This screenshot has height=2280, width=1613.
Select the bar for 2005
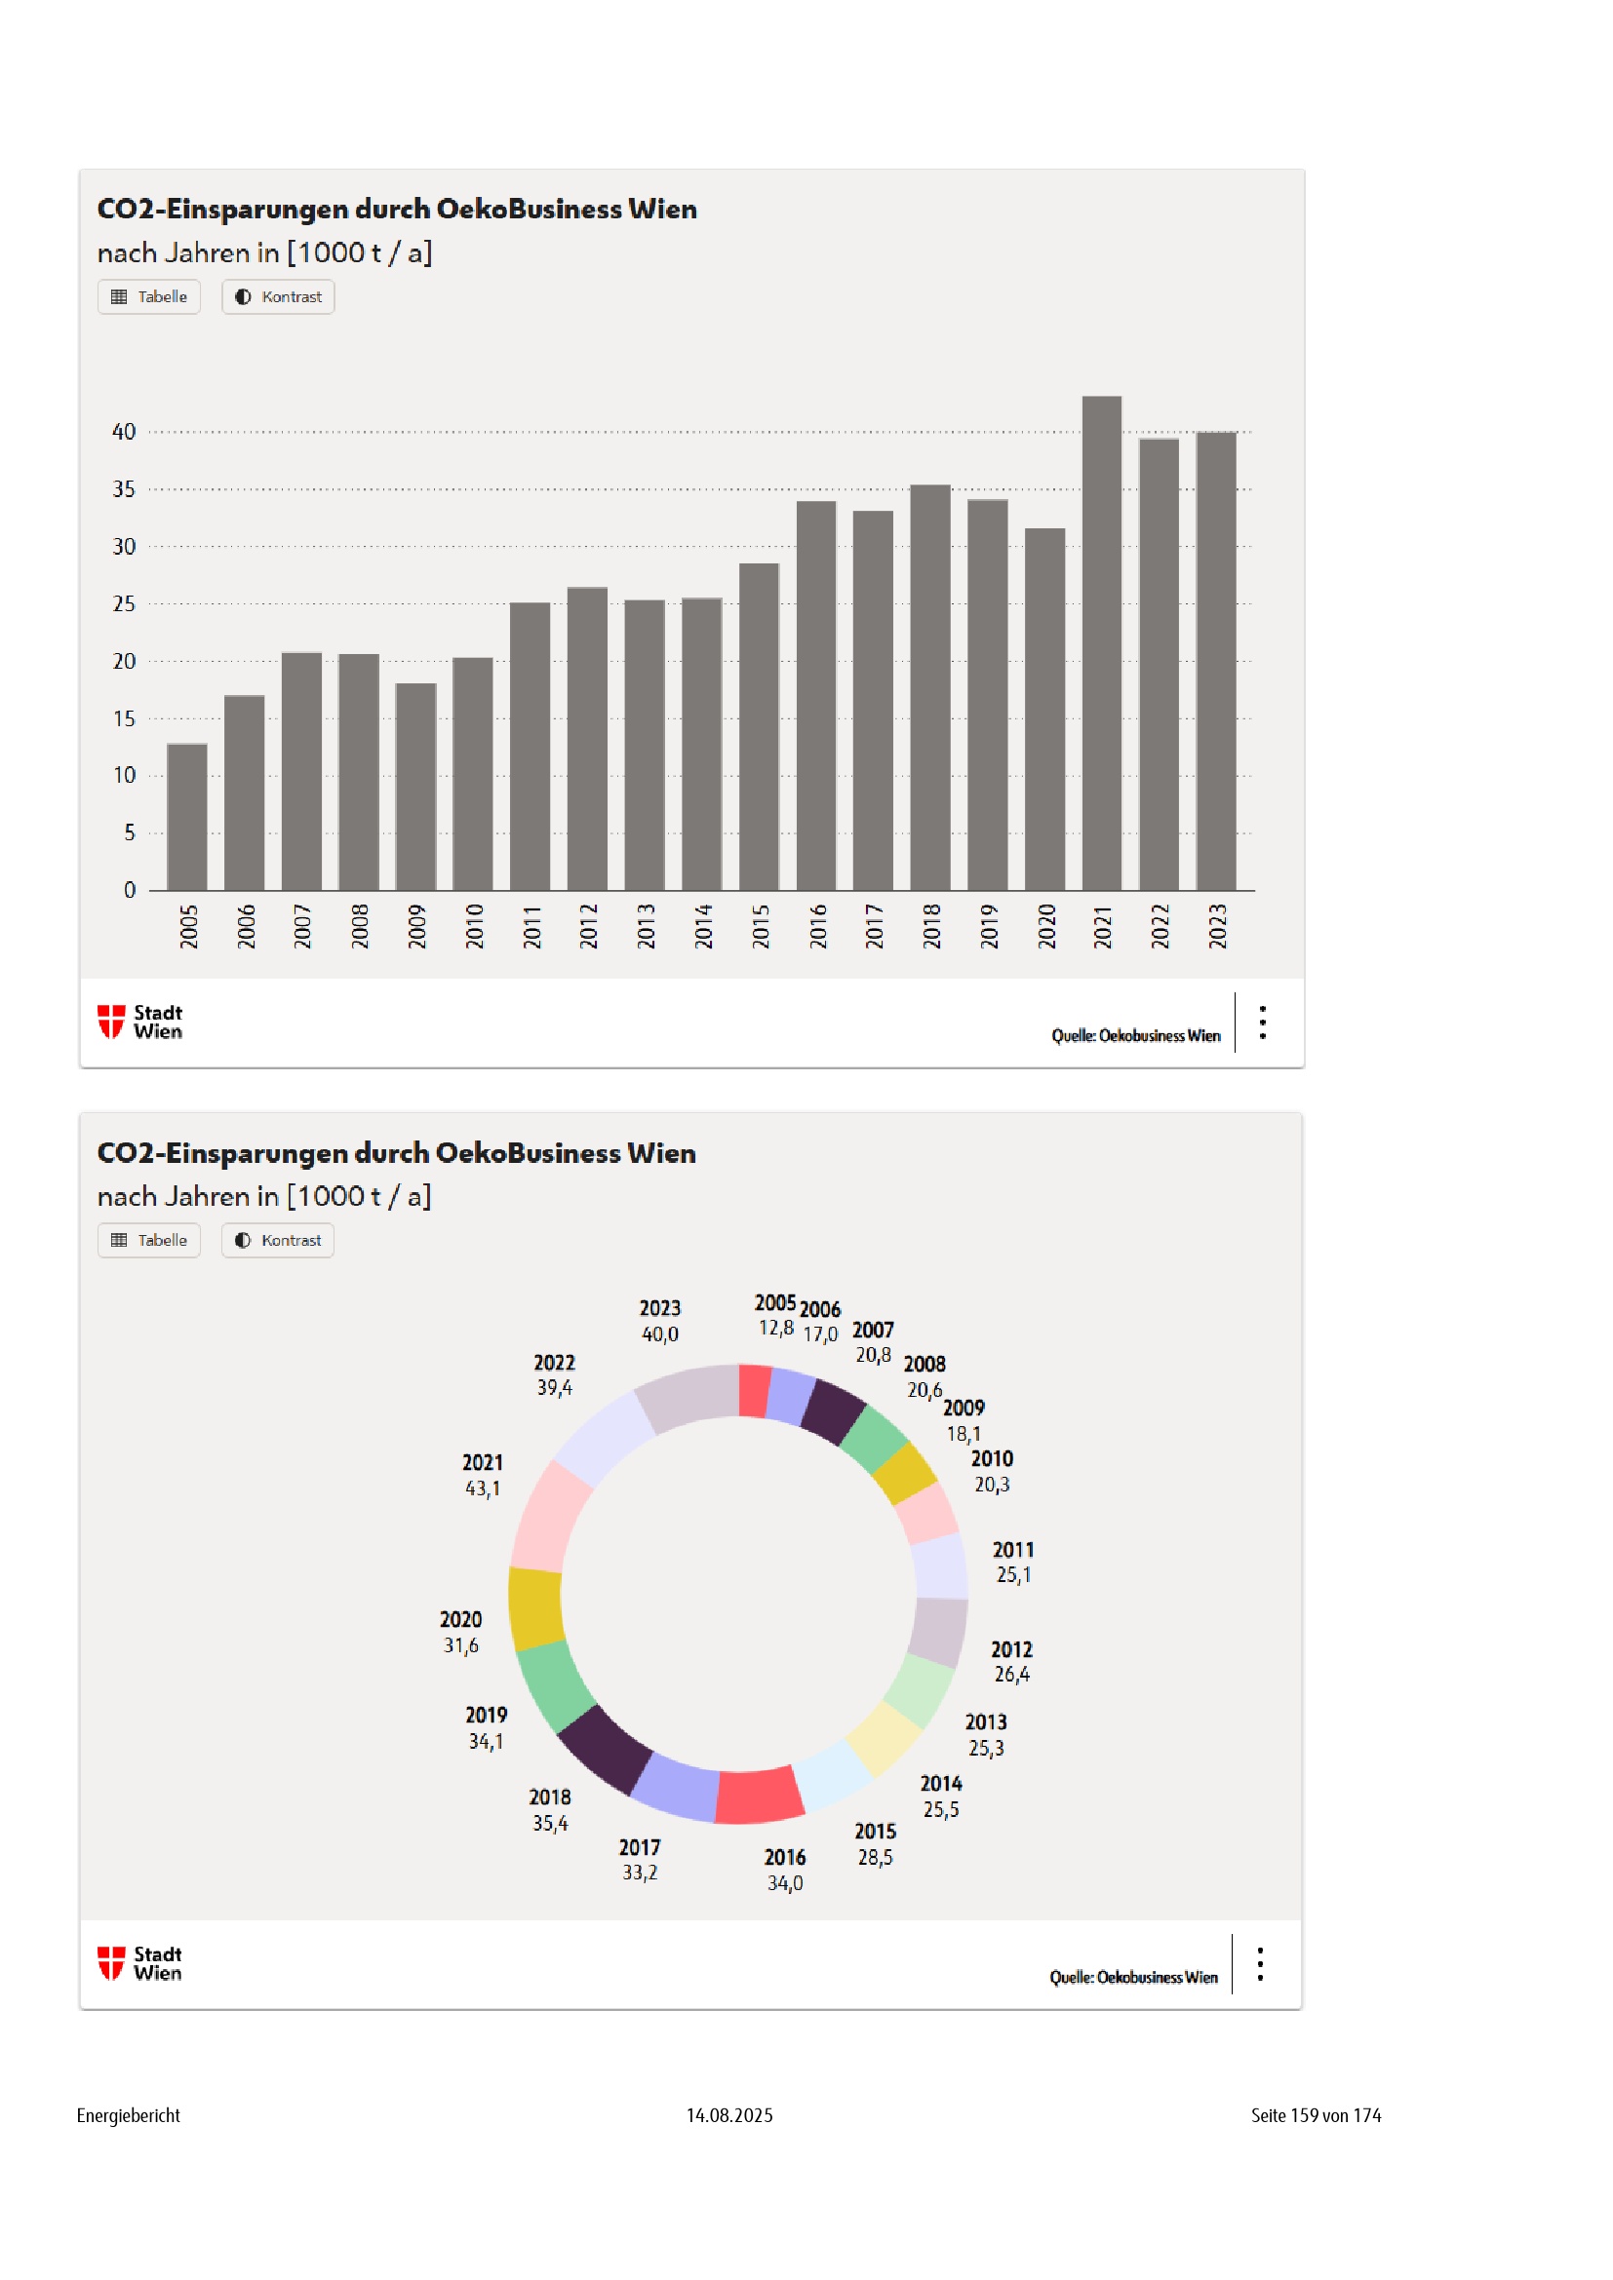pyautogui.click(x=186, y=816)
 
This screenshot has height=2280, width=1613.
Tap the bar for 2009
pyautogui.click(x=415, y=787)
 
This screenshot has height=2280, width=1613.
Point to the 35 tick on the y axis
pyautogui.click(x=123, y=489)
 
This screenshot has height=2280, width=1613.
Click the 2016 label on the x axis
pyautogui.click(x=817, y=926)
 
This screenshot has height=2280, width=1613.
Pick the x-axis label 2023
pyautogui.click(x=1217, y=926)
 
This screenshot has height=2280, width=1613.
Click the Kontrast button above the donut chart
pyautogui.click(x=278, y=1240)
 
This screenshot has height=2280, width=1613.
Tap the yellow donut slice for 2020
pyautogui.click(x=536, y=1608)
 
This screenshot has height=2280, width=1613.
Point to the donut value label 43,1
pyautogui.click(x=483, y=1488)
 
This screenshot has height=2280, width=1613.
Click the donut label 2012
pyautogui.click(x=1011, y=1649)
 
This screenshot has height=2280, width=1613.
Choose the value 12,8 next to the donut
pyautogui.click(x=775, y=1329)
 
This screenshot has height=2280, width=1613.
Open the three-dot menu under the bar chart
pyautogui.click(x=1262, y=1022)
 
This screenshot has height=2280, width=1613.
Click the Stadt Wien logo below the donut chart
pyautogui.click(x=140, y=1963)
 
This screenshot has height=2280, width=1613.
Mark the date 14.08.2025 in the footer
pyautogui.click(x=729, y=2115)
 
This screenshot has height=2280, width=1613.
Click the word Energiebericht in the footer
pyautogui.click(x=128, y=2115)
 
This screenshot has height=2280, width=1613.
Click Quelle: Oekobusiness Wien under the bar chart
pyautogui.click(x=1135, y=1036)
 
